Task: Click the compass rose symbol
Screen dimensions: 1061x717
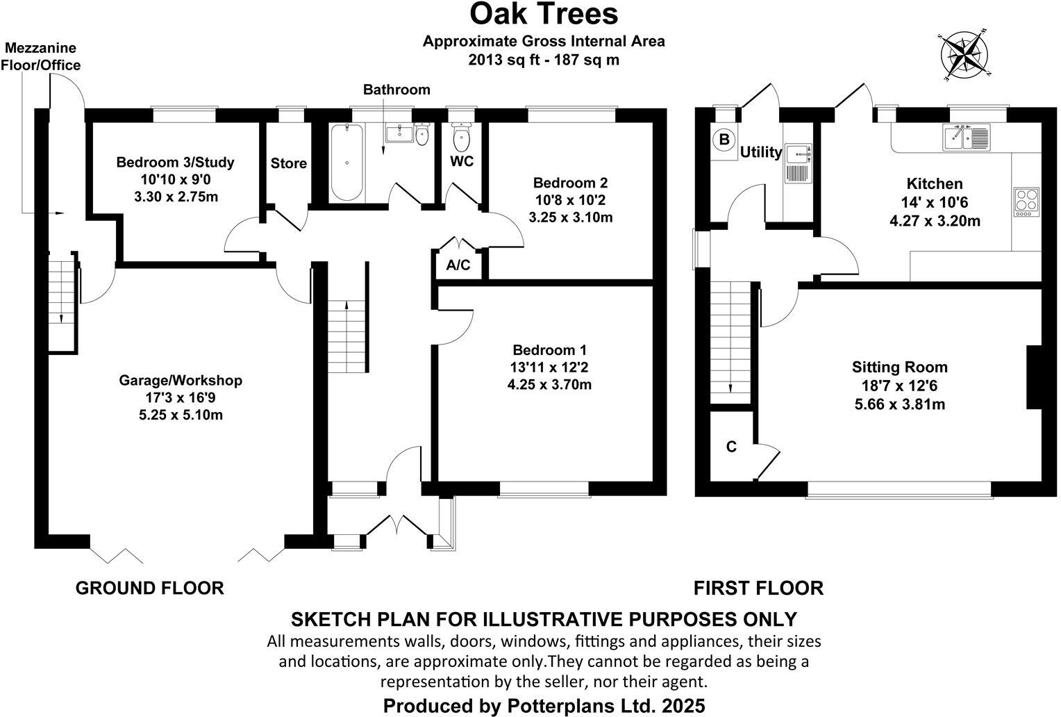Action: (964, 53)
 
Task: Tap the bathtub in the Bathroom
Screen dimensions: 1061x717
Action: (346, 162)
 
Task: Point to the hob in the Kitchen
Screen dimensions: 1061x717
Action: (1027, 200)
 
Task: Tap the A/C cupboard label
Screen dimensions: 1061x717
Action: (458, 265)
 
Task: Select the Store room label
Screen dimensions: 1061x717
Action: (288, 163)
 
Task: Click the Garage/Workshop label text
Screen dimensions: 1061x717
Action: (181, 380)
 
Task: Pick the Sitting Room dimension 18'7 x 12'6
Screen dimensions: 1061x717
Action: (900, 386)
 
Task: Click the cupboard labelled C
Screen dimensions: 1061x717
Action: (731, 447)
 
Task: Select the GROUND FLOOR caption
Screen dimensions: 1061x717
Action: (149, 588)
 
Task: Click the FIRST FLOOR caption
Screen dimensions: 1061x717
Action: (758, 588)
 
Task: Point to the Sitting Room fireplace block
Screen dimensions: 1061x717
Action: (1034, 377)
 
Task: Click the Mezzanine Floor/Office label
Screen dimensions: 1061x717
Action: (41, 57)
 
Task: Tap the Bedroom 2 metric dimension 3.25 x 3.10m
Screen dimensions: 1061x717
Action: (570, 217)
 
